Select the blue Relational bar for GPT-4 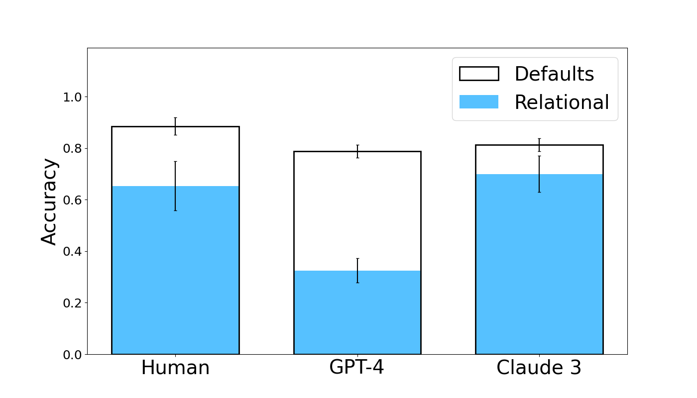(357, 313)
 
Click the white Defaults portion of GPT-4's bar (357, 209)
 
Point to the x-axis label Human (175, 368)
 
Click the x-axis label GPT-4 (356, 368)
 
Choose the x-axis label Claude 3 (539, 368)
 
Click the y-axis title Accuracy (49, 201)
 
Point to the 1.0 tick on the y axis (72, 97)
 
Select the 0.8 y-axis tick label (72, 148)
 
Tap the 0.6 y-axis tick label (72, 200)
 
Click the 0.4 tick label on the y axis (72, 251)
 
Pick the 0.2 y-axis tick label (72, 303)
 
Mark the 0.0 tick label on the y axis (72, 354)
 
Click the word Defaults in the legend (554, 74)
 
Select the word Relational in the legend (562, 102)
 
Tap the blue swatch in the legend (478, 102)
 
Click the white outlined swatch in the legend (478, 74)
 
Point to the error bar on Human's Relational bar (175, 186)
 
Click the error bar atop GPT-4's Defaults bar (357, 151)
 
